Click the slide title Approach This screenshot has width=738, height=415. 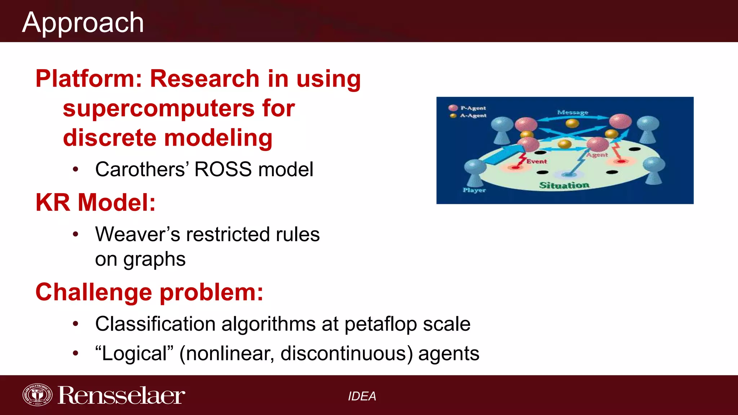[x=83, y=22]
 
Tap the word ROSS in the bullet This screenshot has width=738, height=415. [x=223, y=169]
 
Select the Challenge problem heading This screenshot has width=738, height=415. [x=149, y=292]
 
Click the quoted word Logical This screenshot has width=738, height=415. [x=134, y=353]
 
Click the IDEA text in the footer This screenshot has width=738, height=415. [x=362, y=396]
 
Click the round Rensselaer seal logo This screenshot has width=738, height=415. [x=37, y=395]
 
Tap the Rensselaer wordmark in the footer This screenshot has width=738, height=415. [x=121, y=396]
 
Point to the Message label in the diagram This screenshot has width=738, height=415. [x=573, y=112]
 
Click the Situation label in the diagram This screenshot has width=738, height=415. [x=564, y=185]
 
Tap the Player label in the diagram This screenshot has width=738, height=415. [x=474, y=190]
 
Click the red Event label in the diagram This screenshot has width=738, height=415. [x=536, y=161]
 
